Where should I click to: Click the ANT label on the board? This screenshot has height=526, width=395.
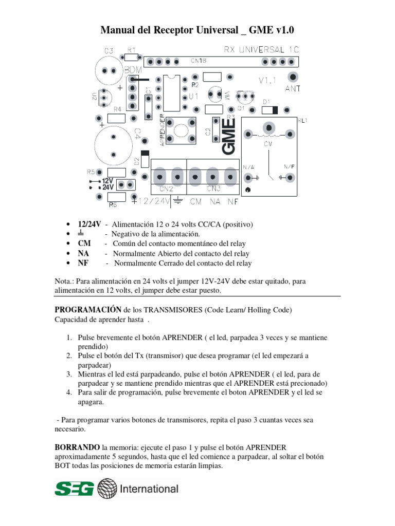coord(293,88)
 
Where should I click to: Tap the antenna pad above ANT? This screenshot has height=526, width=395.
coord(293,77)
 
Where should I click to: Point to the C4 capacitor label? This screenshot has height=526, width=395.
coord(137,134)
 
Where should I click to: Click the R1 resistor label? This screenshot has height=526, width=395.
coord(131,50)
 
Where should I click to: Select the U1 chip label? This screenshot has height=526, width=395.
coord(194,96)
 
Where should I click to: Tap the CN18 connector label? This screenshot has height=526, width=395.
coord(199,61)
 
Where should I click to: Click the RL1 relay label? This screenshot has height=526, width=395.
coord(302,120)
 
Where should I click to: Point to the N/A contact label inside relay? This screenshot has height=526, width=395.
coord(248,167)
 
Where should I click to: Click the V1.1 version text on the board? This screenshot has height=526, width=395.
coord(267,81)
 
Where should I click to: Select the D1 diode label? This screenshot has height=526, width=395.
coord(266,102)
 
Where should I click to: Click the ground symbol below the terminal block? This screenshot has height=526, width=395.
coord(178,200)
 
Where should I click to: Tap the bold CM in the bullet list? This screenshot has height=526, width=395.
coord(84,243)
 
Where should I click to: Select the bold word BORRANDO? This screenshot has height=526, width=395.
coord(77,446)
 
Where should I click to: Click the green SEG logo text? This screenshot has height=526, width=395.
coord(75,489)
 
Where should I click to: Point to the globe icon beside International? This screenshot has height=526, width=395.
coord(107,489)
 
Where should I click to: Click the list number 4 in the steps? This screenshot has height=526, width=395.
coord(68,392)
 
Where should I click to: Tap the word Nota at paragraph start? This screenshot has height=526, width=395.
coord(63,281)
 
